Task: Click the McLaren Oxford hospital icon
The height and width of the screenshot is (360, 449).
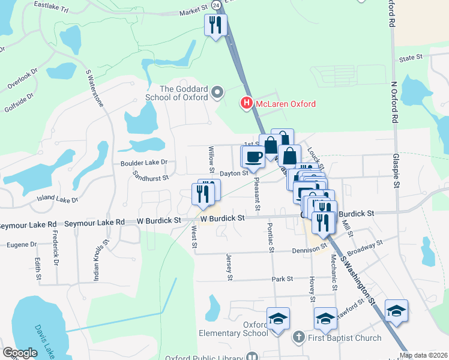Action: click(246, 104)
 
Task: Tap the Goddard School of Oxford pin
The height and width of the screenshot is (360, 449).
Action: click(217, 93)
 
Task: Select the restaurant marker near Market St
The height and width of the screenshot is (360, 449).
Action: click(215, 26)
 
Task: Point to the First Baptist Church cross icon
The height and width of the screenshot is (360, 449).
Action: click(298, 338)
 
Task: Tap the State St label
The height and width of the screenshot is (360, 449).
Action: click(411, 58)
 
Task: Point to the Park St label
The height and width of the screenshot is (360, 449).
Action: click(282, 279)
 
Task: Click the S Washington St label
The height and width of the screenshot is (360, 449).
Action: click(358, 281)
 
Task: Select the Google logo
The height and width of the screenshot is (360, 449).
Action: click(20, 352)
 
